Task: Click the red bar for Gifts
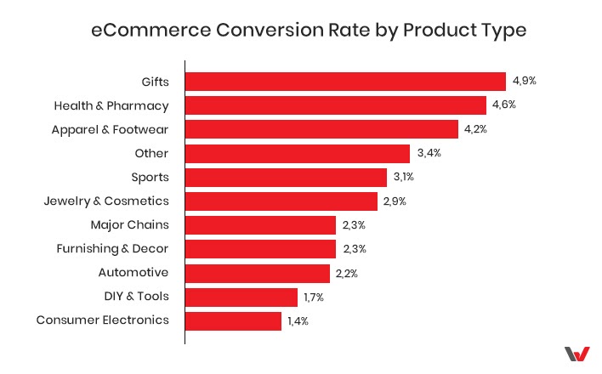click(345, 82)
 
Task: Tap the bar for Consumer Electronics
click(233, 320)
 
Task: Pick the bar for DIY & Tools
click(241, 297)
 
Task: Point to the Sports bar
click(287, 177)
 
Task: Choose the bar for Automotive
click(257, 273)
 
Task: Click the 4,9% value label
click(525, 82)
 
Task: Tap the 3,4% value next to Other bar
click(430, 153)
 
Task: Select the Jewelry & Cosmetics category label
click(105, 201)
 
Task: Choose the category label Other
click(151, 153)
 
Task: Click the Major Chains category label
click(129, 224)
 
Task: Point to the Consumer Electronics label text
click(102, 320)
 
